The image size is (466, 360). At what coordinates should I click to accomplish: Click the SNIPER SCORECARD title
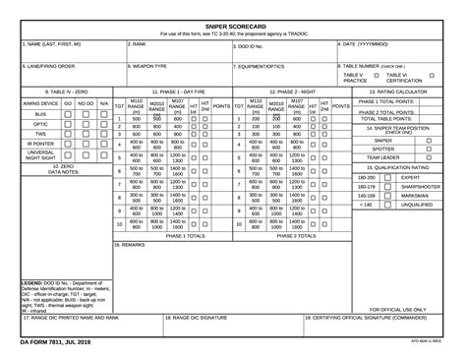(232, 25)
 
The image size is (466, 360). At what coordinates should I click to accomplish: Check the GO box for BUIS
(68, 114)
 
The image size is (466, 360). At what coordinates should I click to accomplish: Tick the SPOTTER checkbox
(429, 149)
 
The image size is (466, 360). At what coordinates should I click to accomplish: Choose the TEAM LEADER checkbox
(429, 157)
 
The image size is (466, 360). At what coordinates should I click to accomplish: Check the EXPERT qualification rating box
(387, 177)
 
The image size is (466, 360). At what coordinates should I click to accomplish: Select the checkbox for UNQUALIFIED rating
(387, 205)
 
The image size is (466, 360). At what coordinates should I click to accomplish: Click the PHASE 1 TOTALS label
(185, 235)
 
